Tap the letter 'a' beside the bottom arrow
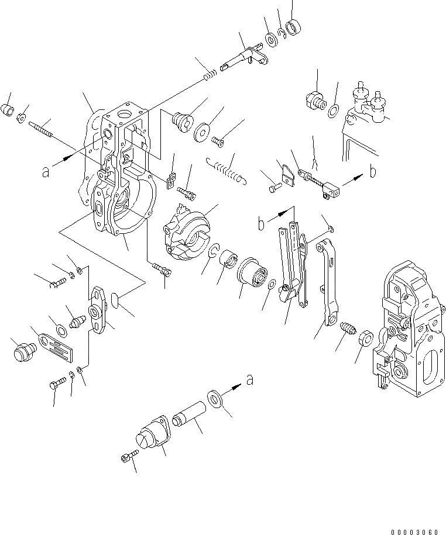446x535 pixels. tap(249, 381)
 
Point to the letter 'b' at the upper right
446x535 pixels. tap(373, 172)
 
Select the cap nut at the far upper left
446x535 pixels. tap(8, 110)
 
